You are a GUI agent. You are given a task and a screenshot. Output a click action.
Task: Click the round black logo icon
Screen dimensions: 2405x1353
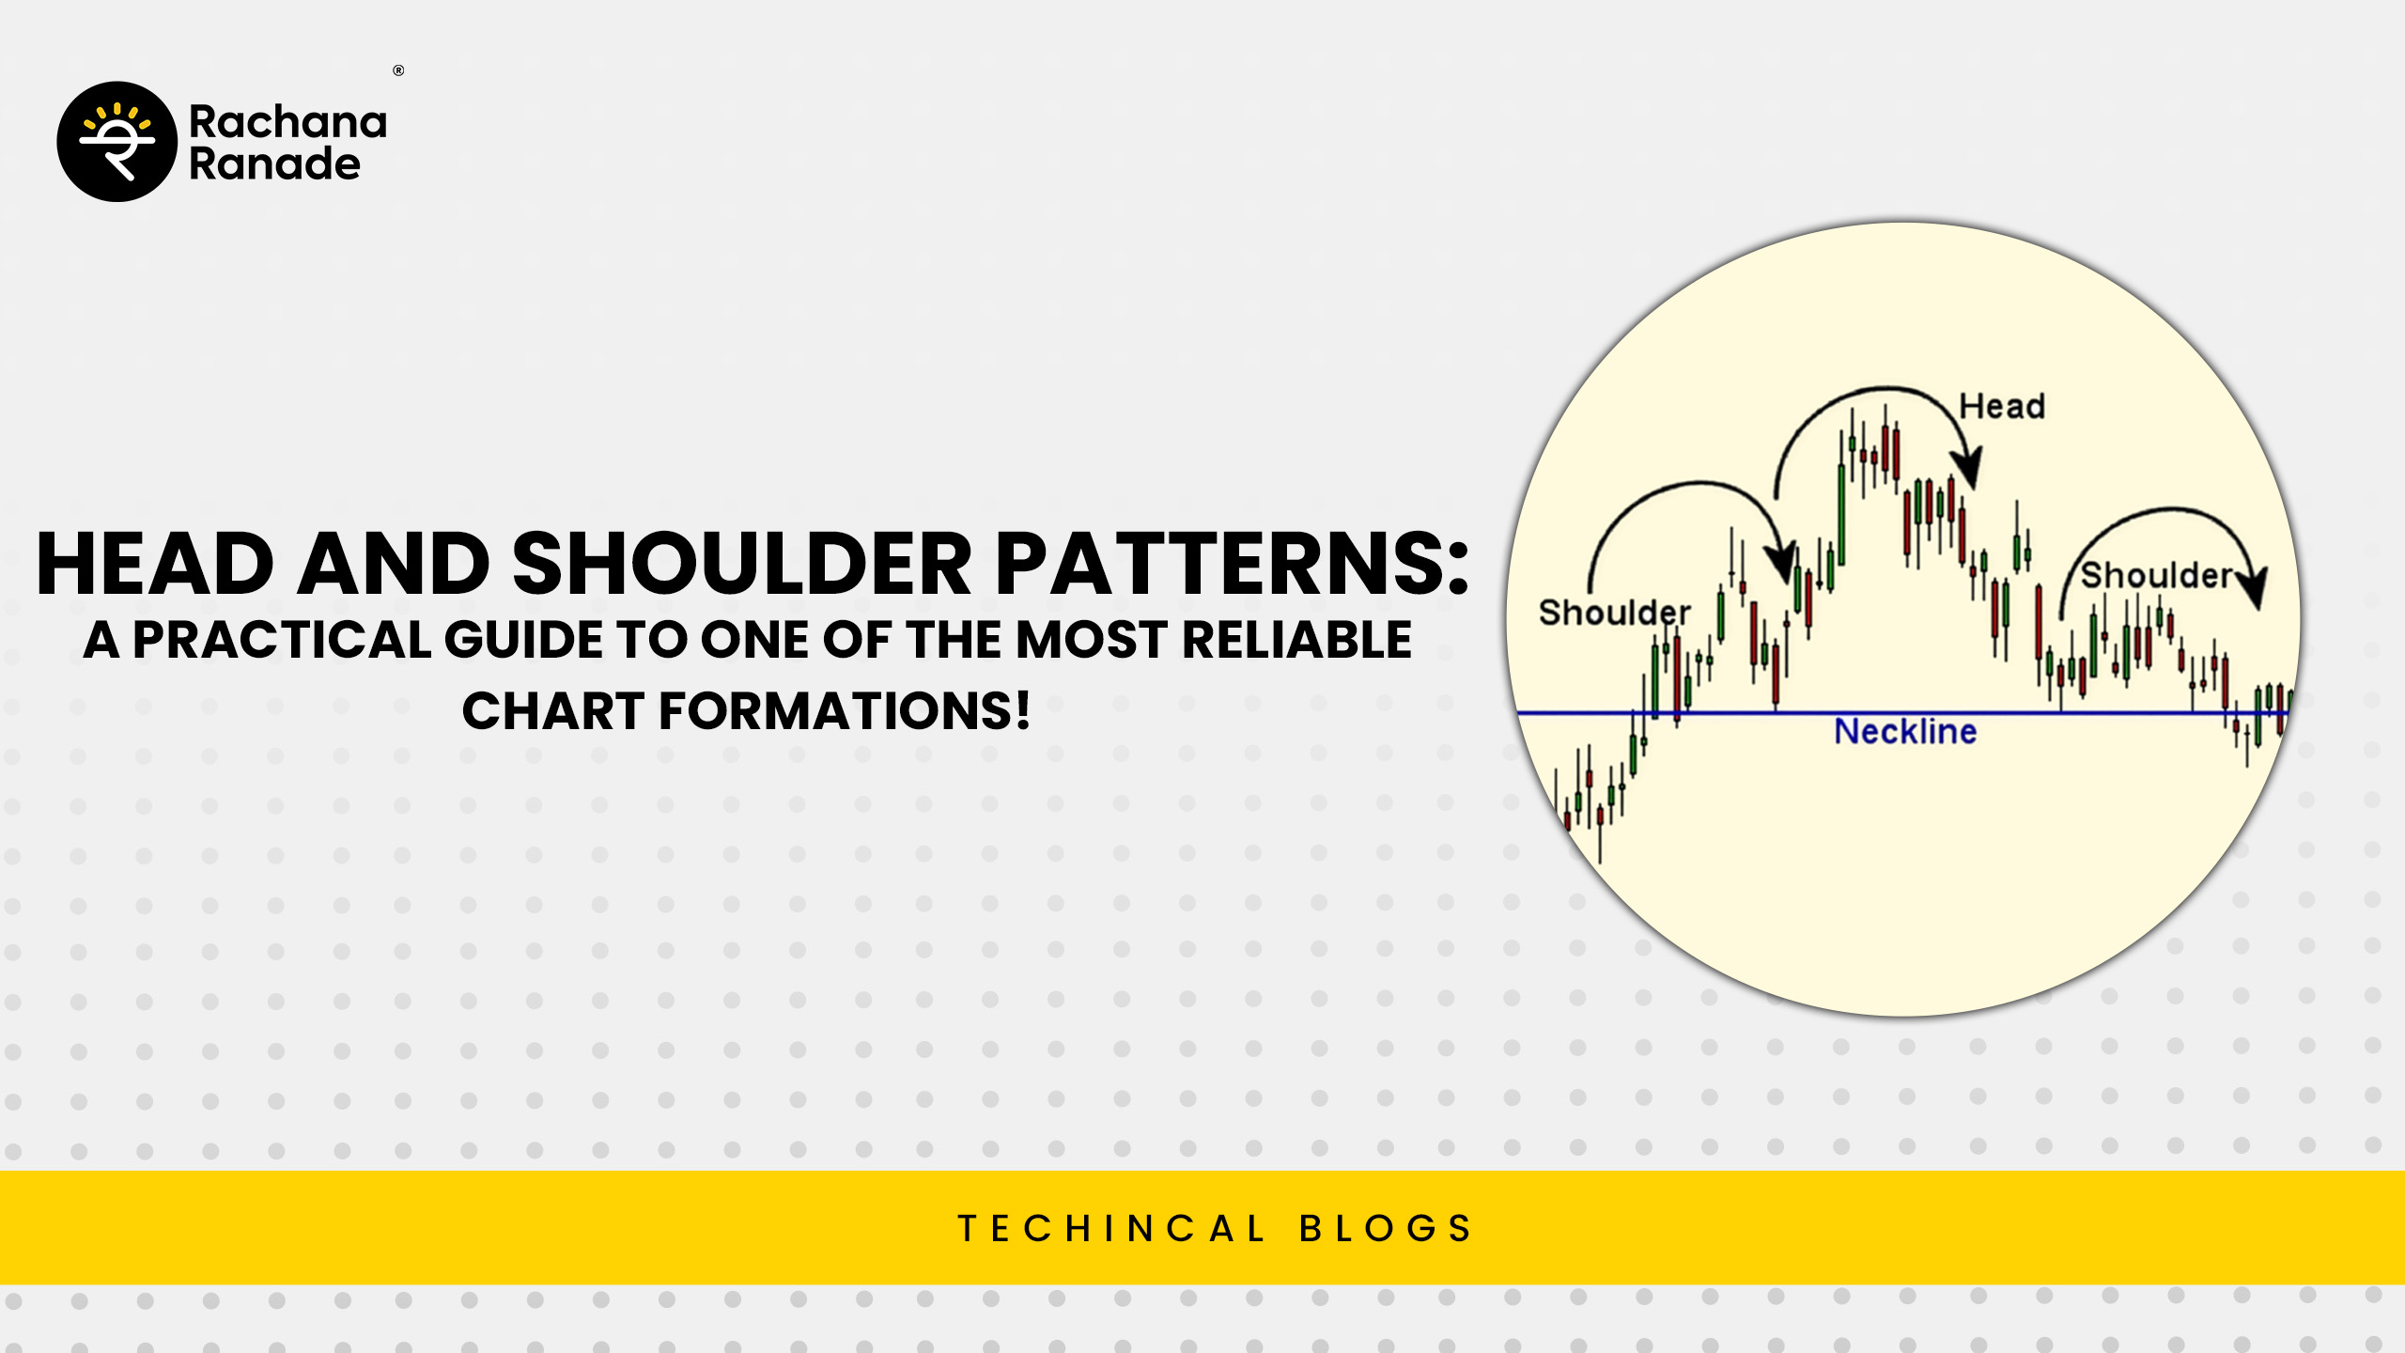(x=117, y=142)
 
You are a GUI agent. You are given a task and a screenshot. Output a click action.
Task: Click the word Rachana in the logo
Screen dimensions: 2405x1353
(x=287, y=122)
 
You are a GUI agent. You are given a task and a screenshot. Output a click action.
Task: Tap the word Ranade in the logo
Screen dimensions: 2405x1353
(x=274, y=163)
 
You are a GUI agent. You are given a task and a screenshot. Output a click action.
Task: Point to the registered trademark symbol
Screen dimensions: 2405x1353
(x=398, y=70)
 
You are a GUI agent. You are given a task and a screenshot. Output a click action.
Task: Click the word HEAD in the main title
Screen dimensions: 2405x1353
(x=155, y=564)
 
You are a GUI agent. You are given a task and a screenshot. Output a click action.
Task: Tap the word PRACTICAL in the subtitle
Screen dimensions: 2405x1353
(x=282, y=640)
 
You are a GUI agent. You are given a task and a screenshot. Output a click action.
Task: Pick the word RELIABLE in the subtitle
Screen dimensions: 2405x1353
(x=1296, y=640)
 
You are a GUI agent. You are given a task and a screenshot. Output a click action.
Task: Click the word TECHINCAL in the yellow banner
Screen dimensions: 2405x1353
(x=1111, y=1228)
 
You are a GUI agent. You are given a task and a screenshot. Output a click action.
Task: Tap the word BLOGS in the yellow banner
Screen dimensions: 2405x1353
(x=1386, y=1228)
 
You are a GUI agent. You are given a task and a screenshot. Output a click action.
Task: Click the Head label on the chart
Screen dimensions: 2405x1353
(x=2002, y=406)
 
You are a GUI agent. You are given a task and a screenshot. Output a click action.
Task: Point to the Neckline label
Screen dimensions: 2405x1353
(x=1905, y=731)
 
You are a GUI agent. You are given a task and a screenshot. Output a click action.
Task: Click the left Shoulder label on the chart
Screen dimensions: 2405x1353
(x=1614, y=613)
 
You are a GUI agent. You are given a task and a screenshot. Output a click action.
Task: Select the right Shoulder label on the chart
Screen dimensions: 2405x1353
(x=2156, y=575)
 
